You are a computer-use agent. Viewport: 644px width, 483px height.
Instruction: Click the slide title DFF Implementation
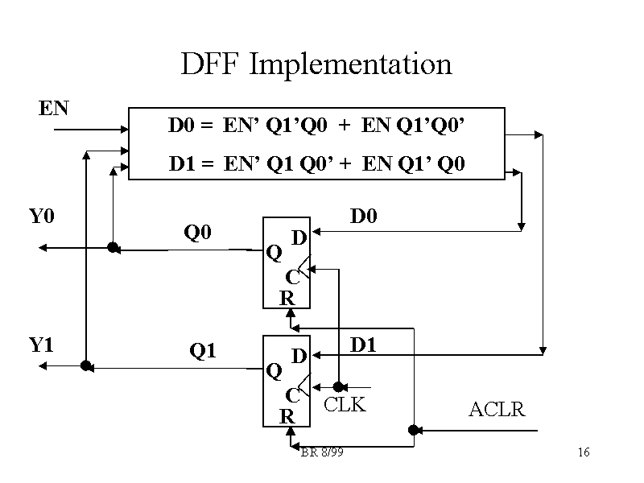[316, 64]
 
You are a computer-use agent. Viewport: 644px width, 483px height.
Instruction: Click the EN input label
[53, 108]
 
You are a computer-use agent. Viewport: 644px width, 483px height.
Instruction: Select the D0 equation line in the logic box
[317, 126]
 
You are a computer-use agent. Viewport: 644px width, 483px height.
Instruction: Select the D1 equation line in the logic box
[317, 165]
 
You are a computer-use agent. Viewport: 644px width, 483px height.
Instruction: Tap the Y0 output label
[41, 217]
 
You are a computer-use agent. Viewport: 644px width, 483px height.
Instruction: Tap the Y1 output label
[41, 345]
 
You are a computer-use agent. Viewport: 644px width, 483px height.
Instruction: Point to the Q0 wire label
[197, 233]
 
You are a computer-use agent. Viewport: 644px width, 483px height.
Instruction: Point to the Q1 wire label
[202, 351]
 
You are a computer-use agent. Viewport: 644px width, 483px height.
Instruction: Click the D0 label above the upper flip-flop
[363, 217]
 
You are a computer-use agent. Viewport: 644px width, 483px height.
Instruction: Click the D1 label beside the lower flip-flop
[363, 345]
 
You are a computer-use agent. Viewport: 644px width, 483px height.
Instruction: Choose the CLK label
[345, 405]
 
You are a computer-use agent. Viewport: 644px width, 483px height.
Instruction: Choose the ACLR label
[497, 411]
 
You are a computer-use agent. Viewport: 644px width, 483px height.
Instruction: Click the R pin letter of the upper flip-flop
[287, 298]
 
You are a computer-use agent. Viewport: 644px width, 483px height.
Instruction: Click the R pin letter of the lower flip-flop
[287, 416]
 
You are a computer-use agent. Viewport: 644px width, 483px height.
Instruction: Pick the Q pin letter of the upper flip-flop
[274, 253]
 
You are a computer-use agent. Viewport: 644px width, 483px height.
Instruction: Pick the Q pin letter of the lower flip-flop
[274, 370]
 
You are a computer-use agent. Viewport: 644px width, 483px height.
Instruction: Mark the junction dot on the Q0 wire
[113, 247]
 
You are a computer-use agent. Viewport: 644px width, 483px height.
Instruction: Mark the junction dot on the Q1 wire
[85, 365]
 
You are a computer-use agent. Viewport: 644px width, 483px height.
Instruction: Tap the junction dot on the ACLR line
[413, 430]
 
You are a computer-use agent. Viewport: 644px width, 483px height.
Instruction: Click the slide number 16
[584, 453]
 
